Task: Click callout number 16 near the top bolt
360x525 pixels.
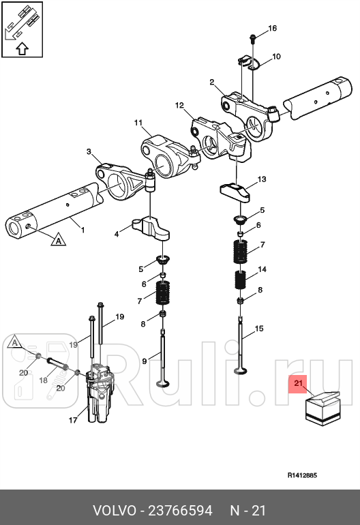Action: pos(272,29)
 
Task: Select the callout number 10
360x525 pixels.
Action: pos(276,56)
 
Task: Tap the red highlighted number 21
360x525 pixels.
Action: pos(298,385)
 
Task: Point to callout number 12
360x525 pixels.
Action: pos(180,106)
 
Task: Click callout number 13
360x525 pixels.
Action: pos(261,180)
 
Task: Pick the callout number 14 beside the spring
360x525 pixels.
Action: pos(262,270)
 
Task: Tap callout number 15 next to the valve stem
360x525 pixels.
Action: pos(258,329)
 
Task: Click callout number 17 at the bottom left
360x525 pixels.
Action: pos(73,421)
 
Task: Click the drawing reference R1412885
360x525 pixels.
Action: pos(301,475)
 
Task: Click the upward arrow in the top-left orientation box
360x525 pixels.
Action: pos(21,48)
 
